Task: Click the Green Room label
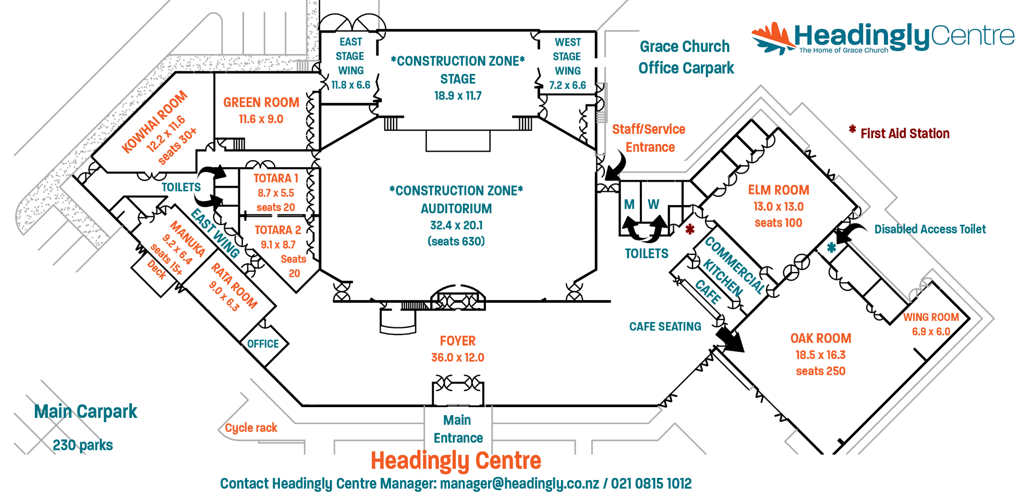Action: coord(261,102)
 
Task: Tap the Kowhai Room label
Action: coord(154,122)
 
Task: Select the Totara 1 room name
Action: coord(276,178)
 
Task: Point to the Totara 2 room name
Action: coord(278,230)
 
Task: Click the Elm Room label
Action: coord(779,190)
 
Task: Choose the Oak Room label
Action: coord(821,339)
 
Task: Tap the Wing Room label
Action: coord(931,317)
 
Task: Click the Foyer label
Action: coord(457,341)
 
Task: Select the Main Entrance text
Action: coord(457,429)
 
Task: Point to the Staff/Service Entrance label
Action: coord(649,138)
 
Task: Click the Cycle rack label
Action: coord(251,428)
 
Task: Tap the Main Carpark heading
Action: coord(86,411)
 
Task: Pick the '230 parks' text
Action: coord(83,445)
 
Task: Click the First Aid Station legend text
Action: coord(905,133)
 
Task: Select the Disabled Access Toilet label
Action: coord(930,229)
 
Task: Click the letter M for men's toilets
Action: coord(629,205)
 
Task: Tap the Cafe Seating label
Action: coord(665,327)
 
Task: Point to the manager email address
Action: coord(519,484)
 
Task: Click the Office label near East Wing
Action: coord(263,344)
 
